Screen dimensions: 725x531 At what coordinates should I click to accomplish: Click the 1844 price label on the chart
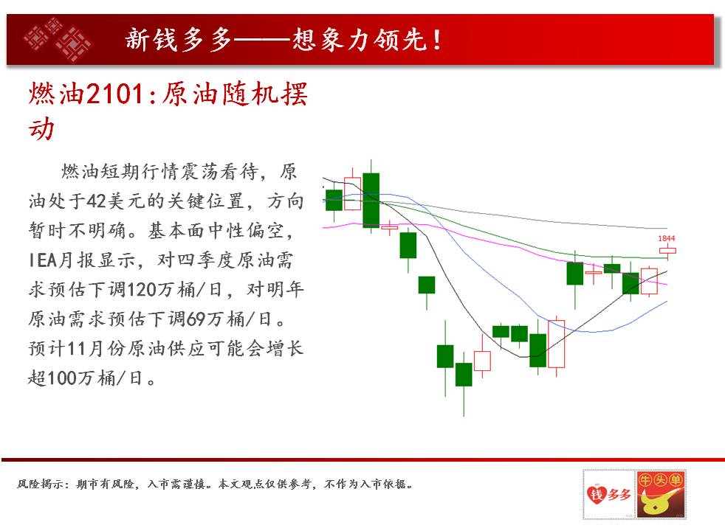(x=666, y=238)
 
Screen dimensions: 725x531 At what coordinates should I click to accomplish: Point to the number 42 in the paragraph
(x=97, y=201)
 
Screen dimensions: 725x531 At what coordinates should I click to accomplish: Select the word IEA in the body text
(x=43, y=260)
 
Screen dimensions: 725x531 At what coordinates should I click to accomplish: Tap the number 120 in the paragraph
(x=142, y=290)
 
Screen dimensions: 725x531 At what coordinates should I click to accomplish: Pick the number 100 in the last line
(x=62, y=378)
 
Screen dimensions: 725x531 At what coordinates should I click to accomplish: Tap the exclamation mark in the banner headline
(x=436, y=40)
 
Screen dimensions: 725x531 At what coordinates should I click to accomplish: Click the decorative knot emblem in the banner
(x=58, y=39)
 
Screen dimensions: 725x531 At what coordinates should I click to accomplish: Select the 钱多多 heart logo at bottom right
(x=609, y=494)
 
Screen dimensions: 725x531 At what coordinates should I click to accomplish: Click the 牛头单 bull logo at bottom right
(x=661, y=494)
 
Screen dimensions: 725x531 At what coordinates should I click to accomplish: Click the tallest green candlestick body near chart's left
(x=371, y=201)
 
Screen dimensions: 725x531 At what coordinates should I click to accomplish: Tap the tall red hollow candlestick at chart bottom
(x=556, y=344)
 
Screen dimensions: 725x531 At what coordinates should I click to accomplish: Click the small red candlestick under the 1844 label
(x=667, y=251)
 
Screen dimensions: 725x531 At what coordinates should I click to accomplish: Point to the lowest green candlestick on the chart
(x=464, y=375)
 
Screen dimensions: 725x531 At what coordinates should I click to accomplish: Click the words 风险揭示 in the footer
(x=40, y=484)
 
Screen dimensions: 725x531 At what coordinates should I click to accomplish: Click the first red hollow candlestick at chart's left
(x=352, y=193)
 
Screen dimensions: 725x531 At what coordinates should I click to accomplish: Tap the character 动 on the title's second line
(x=41, y=128)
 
